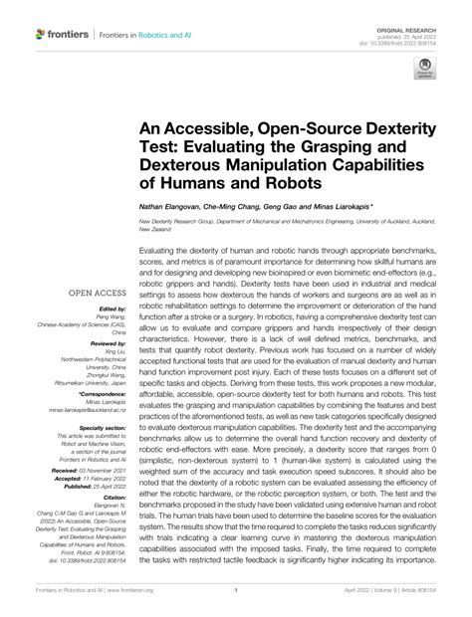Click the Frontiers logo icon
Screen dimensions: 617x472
(41, 34)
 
